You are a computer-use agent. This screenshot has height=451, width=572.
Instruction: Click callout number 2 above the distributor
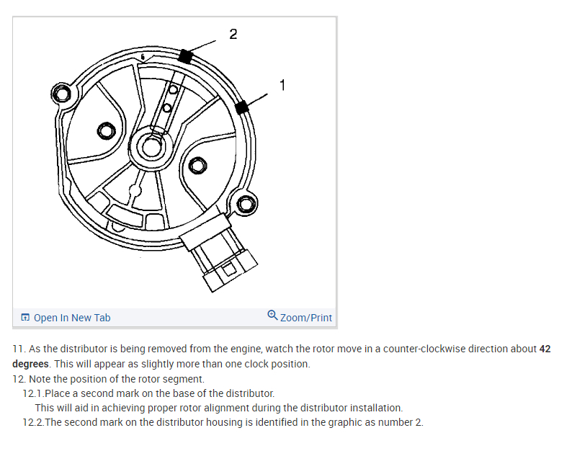pos(233,34)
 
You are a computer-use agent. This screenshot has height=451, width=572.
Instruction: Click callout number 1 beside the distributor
pos(282,85)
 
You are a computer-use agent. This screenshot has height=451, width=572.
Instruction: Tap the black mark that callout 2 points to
pos(186,56)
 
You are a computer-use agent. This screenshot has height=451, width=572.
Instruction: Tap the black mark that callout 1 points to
pos(242,107)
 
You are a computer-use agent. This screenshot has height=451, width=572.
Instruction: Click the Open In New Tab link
pos(72,318)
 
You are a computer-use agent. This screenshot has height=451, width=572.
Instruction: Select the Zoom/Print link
pos(306,318)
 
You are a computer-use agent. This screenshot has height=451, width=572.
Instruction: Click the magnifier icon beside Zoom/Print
pos(272,316)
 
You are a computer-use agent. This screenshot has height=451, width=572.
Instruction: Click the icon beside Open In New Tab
pos(25,318)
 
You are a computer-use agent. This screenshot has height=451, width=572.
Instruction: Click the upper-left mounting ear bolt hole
pos(65,94)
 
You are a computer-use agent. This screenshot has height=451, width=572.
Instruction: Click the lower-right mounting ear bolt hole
pos(246,205)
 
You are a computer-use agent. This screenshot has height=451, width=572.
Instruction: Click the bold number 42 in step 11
pos(545,349)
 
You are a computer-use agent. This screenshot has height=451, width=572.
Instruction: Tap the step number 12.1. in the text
pos(33,393)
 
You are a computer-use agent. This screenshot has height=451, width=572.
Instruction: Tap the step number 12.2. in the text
pos(33,422)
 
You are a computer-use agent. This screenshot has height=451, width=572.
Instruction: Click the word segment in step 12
pos(185,379)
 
